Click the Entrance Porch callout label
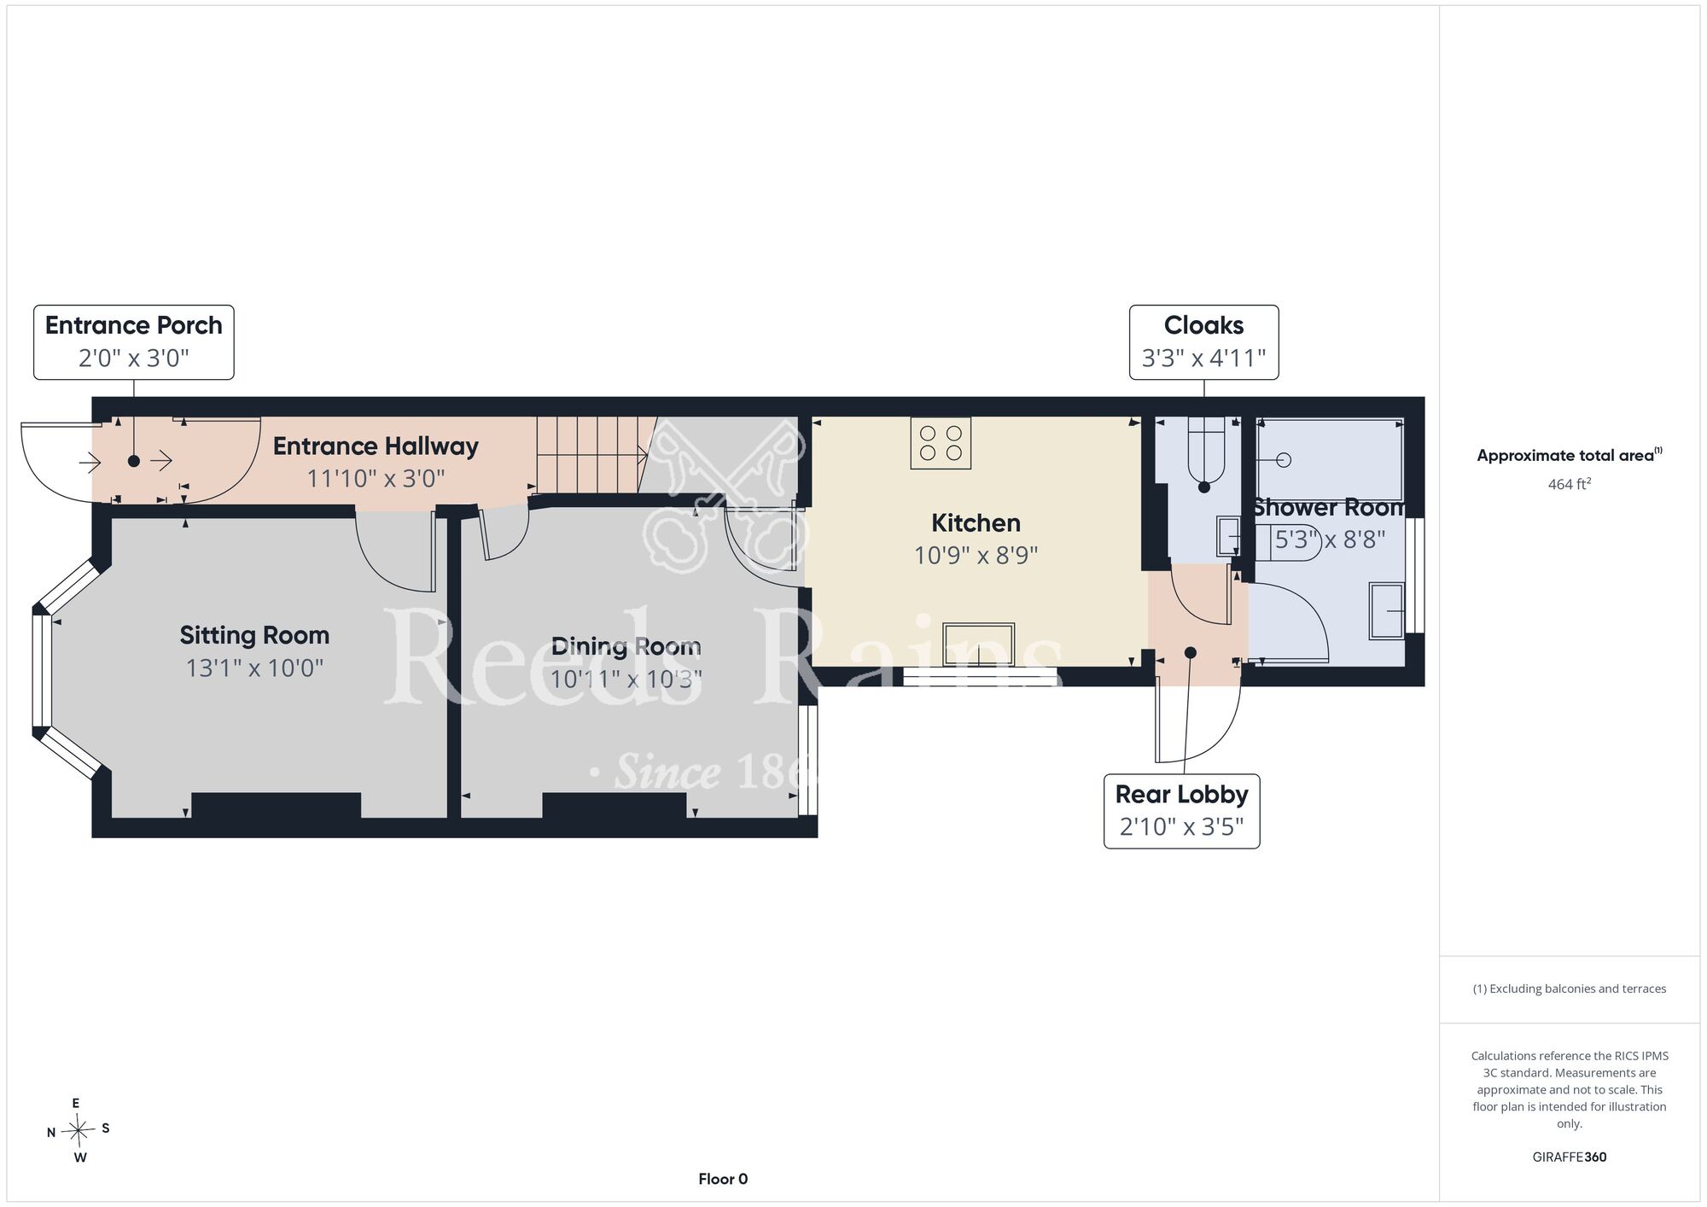[133, 342]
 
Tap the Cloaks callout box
[1203, 342]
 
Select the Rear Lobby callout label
[1181, 811]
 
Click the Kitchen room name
[976, 523]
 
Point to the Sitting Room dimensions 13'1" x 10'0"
[254, 668]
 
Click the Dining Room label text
[626, 647]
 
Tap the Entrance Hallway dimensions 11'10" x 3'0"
[376, 478]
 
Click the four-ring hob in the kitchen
[941, 442]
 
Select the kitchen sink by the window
[978, 644]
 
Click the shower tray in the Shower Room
[1330, 459]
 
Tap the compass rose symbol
[78, 1130]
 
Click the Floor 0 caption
[723, 1179]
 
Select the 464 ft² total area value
[1570, 484]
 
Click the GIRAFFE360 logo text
[1570, 1157]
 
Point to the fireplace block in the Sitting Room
[276, 805]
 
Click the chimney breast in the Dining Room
[615, 805]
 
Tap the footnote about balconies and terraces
[1570, 988]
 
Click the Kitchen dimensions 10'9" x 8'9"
[976, 556]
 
